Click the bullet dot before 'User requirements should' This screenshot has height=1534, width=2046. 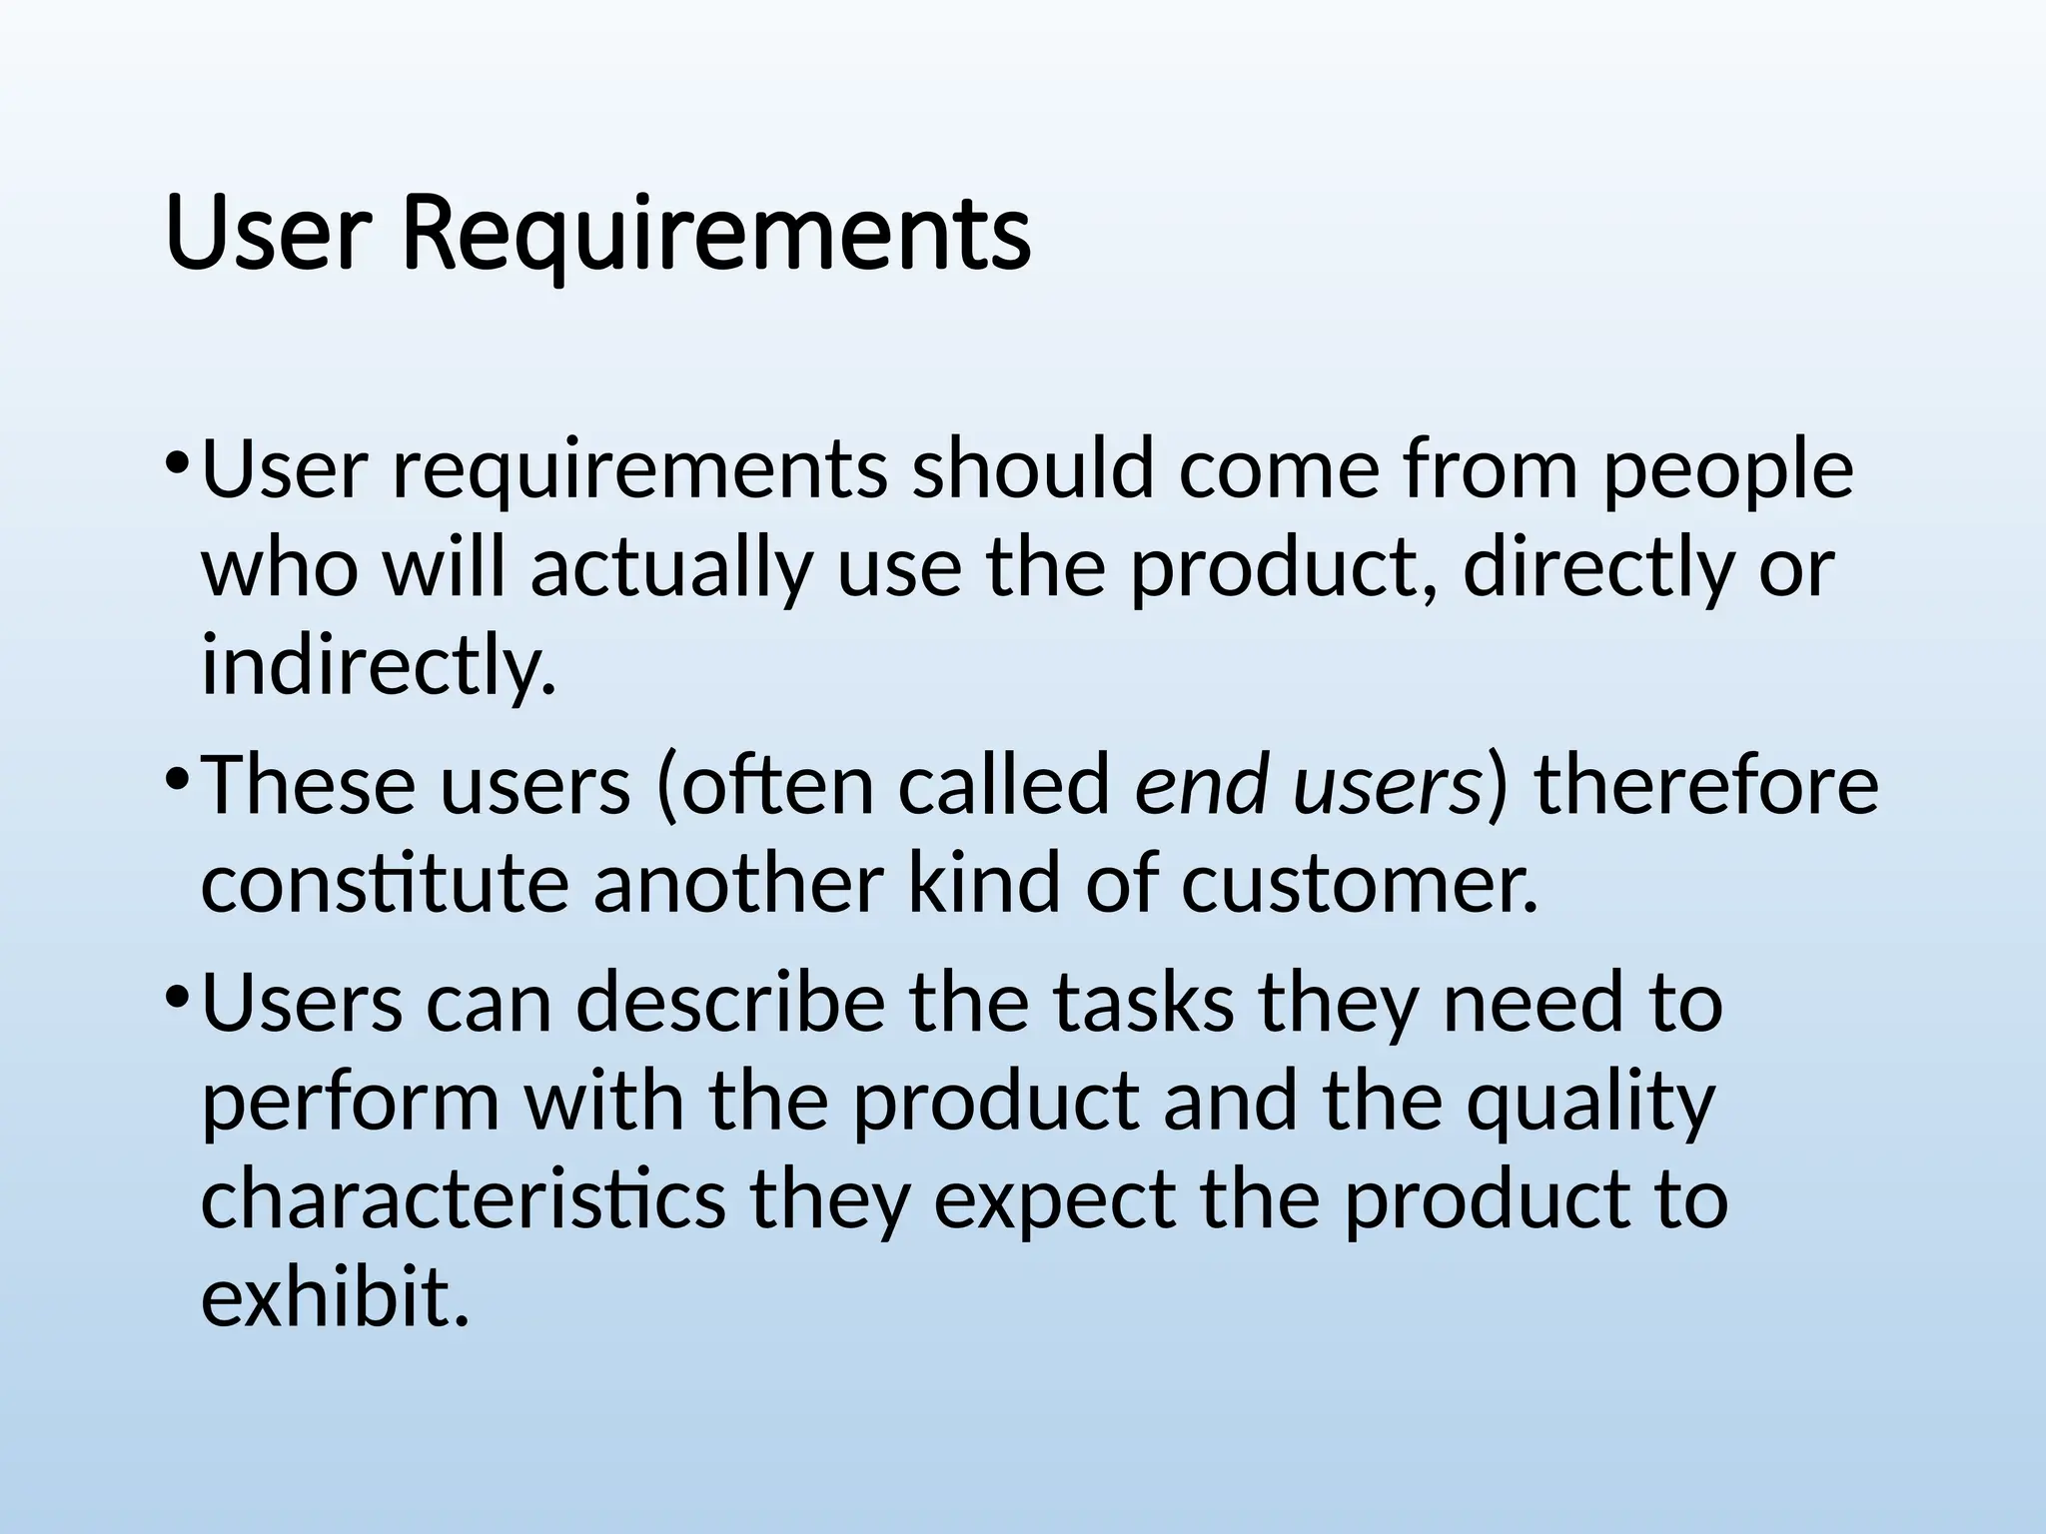pos(177,462)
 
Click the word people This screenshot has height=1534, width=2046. pos(1728,471)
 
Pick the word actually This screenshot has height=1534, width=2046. pos(670,569)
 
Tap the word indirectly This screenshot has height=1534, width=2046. pos(378,667)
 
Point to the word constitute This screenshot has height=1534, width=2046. pos(385,884)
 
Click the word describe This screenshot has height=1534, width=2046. pos(730,1003)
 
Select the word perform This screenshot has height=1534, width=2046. pos(350,1103)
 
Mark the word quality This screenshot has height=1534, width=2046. pos(1590,1103)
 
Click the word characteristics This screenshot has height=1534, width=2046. pos(463,1200)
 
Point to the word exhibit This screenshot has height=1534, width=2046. pos(335,1298)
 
